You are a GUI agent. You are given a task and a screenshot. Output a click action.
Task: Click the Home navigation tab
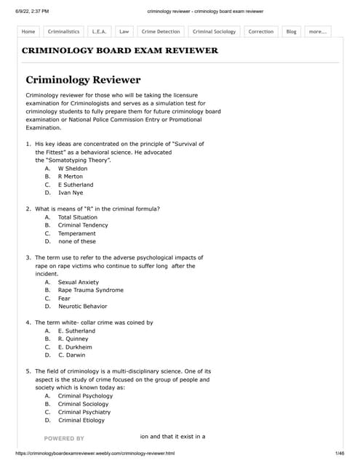pos(28,32)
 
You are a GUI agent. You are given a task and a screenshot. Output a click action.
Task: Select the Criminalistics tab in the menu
pos(63,32)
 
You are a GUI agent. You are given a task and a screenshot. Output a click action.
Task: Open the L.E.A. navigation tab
pos(99,32)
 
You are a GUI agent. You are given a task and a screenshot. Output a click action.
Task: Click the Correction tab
pos(260,32)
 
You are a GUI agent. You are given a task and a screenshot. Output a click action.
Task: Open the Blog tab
pos(291,32)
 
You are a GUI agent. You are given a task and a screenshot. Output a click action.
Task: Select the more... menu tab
pos(317,32)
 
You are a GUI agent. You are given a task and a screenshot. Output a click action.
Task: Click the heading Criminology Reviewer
pos(83,79)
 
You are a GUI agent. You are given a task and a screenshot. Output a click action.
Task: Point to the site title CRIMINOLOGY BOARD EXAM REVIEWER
pos(120,51)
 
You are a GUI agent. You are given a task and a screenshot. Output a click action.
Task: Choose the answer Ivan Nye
pos(71,193)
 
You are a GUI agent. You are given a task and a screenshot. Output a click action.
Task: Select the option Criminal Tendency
pos(83,225)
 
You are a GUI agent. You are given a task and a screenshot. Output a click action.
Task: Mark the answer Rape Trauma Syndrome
pos(90,290)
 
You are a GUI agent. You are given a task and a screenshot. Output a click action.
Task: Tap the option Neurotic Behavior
pos(82,307)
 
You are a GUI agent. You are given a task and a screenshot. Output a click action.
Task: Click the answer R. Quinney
pos(73,339)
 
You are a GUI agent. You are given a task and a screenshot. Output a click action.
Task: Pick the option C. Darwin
pos(73,355)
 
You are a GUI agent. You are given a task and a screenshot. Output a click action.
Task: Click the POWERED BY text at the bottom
pos(64,439)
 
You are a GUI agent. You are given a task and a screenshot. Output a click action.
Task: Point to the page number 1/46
pos(339,453)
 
